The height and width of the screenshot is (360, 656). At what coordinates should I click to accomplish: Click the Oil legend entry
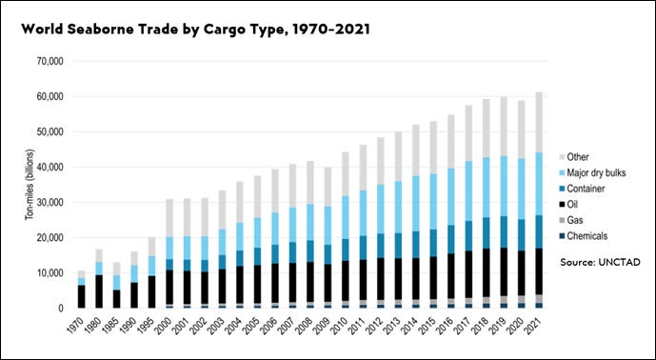point(575,204)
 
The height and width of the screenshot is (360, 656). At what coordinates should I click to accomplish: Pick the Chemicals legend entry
point(587,235)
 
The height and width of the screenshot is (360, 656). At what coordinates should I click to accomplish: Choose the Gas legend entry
point(577,220)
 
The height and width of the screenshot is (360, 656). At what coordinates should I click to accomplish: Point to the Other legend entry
point(580,156)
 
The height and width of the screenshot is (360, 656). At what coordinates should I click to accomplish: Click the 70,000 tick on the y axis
point(45,61)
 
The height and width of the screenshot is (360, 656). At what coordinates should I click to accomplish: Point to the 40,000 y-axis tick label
point(45,167)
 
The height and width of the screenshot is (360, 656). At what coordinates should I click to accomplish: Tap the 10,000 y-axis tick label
point(45,273)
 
